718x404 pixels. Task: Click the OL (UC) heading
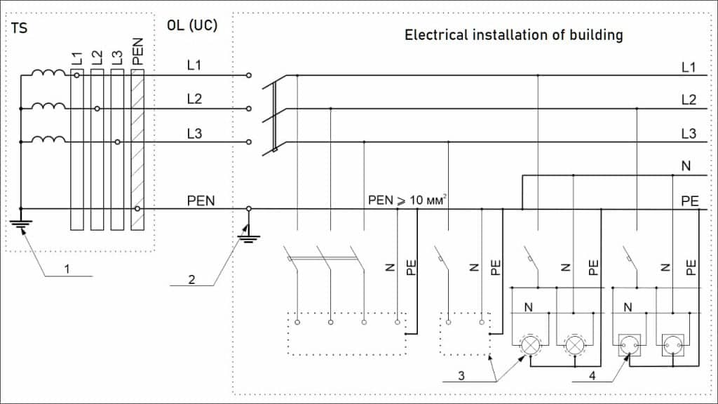coord(191,26)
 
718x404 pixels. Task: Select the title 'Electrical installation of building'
coord(513,35)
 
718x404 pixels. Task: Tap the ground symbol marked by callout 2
coord(247,236)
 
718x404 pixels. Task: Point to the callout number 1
coord(67,269)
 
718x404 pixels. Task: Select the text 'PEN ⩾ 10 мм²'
coord(407,201)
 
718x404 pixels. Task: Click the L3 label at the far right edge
coord(689,133)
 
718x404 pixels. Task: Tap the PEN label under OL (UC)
coord(201,201)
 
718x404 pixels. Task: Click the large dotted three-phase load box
coord(346,333)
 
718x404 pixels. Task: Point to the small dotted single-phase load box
coord(464,333)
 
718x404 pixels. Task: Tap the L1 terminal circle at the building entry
coord(248,75)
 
